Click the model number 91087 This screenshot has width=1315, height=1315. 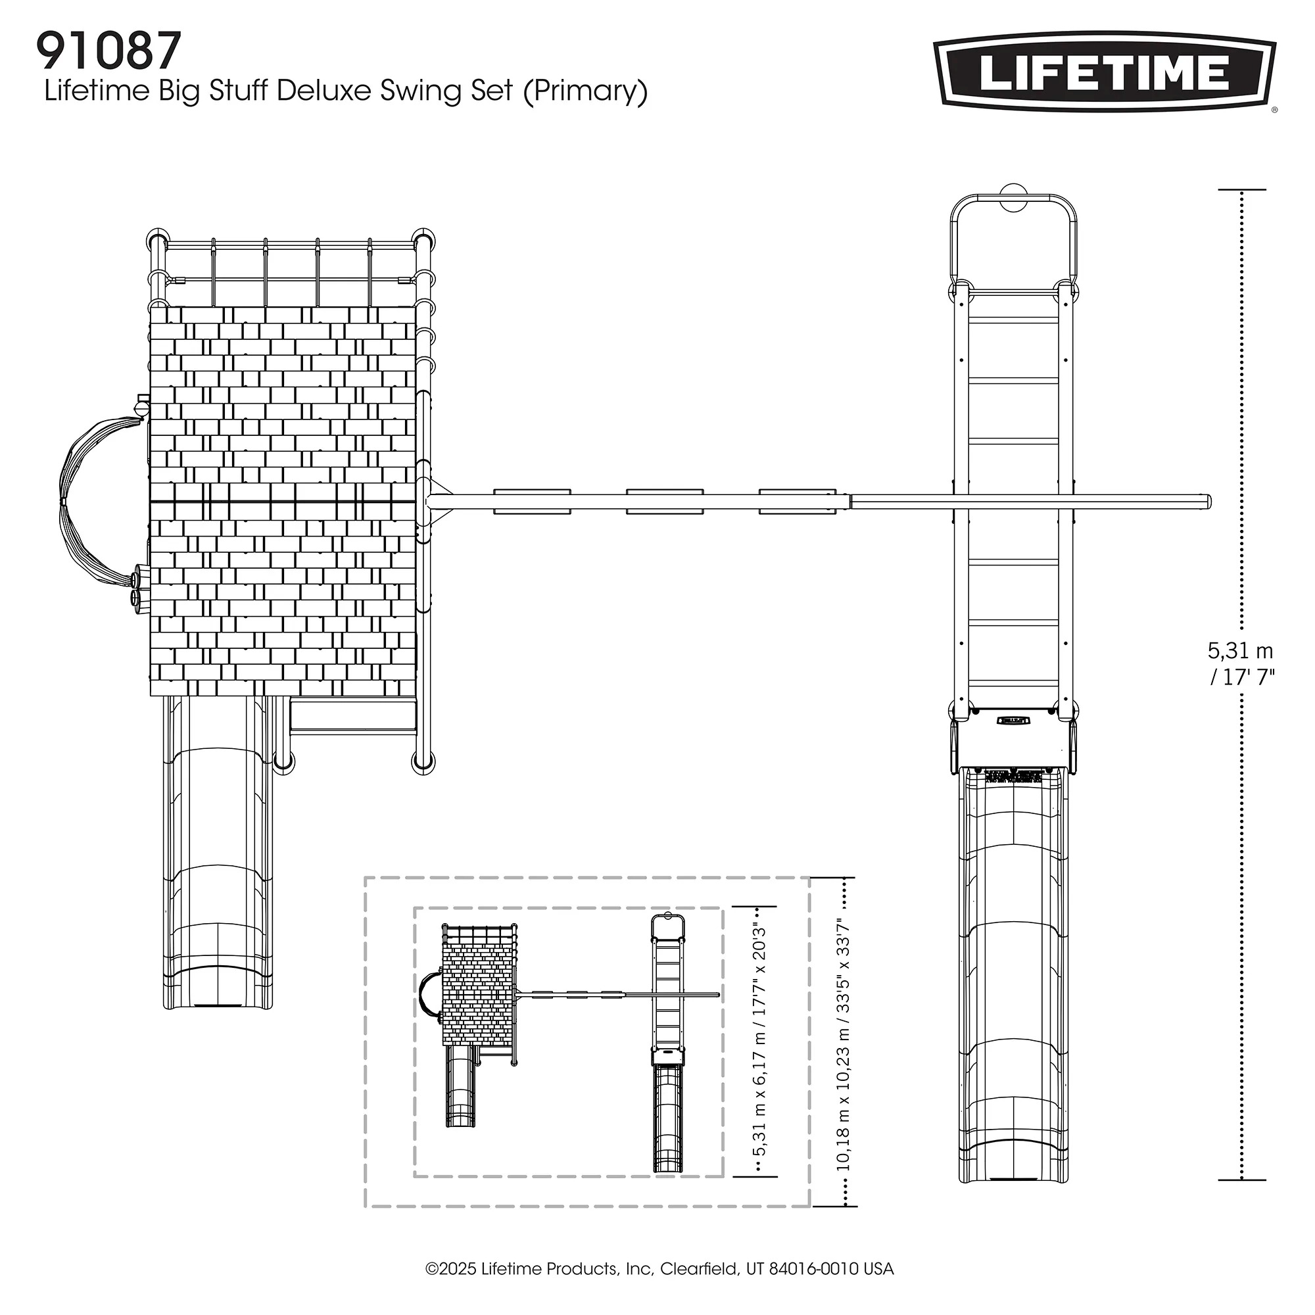(x=109, y=52)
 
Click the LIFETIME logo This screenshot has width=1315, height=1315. (x=1104, y=74)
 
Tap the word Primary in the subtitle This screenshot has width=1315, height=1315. (x=585, y=91)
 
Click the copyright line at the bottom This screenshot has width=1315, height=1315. (x=659, y=1269)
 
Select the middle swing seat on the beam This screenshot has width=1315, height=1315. (x=664, y=502)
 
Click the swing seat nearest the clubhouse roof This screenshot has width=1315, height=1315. (x=531, y=502)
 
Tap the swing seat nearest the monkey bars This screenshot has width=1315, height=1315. (x=797, y=502)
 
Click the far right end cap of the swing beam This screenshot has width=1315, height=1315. (x=1207, y=502)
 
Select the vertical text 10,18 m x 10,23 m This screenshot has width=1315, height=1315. (x=844, y=1043)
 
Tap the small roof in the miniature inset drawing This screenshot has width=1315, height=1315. (x=478, y=994)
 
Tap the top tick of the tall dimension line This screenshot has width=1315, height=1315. (x=1241, y=190)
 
